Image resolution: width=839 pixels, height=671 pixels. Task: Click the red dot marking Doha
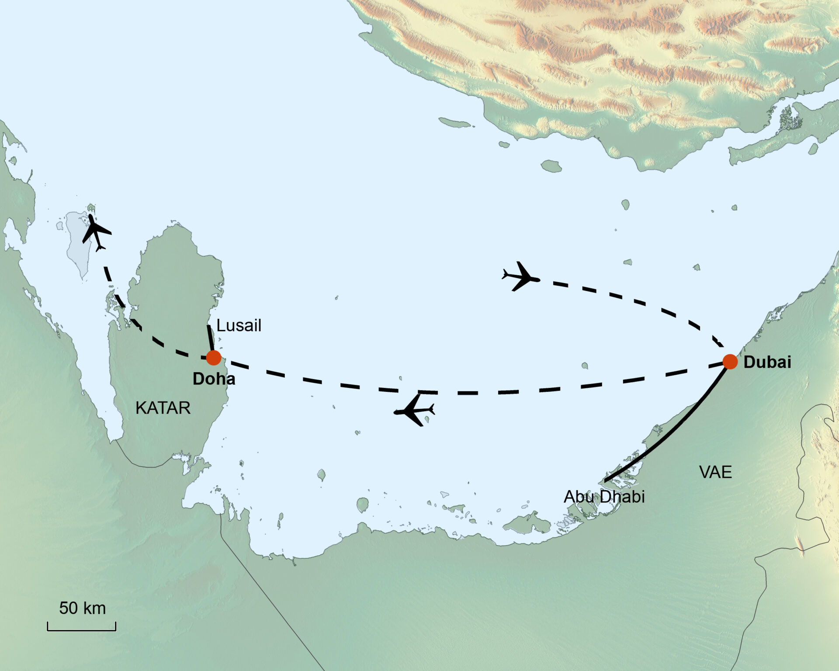point(213,357)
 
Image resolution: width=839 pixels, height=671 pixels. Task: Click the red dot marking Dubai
point(730,362)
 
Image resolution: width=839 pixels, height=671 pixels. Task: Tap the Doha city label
point(214,379)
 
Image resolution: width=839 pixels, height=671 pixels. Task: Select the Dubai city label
point(767,362)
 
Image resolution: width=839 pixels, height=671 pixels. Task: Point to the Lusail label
point(239,325)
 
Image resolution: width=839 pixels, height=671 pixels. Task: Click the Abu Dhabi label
point(604,497)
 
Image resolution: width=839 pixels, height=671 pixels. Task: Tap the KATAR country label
point(163,408)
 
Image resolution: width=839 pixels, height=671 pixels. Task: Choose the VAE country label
point(715,472)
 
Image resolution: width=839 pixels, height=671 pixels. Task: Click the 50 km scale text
point(82,608)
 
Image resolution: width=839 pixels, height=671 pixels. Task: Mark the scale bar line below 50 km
point(82,630)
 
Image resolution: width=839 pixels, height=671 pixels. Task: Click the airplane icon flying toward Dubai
point(520,277)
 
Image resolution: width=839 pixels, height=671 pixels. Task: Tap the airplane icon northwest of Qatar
point(96,232)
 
